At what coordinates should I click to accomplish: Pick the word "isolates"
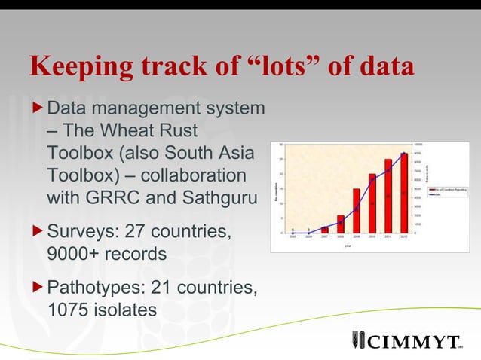(129, 309)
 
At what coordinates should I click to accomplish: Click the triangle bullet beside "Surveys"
(38, 230)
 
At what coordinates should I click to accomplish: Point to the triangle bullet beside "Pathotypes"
(38, 286)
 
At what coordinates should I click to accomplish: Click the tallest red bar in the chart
(403, 193)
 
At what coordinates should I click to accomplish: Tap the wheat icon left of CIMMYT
(358, 340)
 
